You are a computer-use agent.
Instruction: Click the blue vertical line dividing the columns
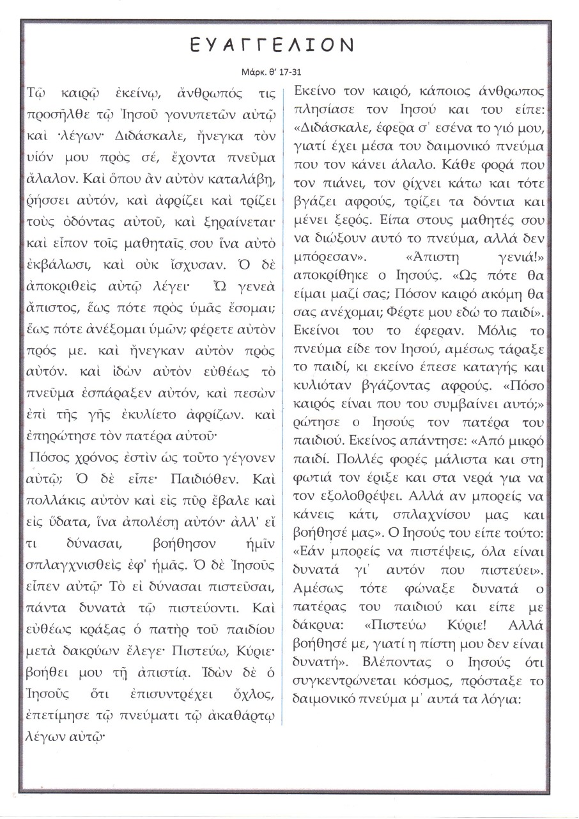(282, 409)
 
